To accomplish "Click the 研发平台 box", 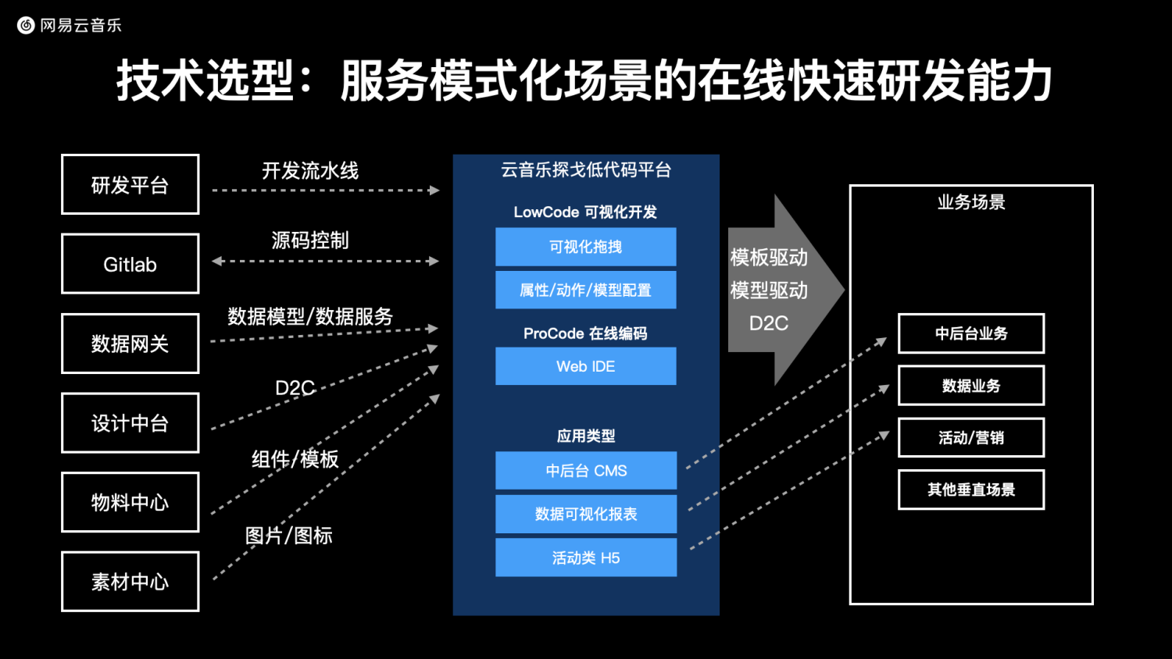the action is click(130, 184).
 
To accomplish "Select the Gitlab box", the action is click(130, 264).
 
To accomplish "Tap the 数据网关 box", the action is click(130, 343).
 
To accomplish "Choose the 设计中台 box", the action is click(130, 422).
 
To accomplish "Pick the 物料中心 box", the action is click(130, 502).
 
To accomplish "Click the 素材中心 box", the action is click(130, 582).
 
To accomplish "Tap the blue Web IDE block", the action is click(586, 366).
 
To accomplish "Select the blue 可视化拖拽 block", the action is click(586, 246).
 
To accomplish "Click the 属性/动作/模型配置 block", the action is click(586, 290).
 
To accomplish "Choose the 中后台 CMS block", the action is click(586, 470).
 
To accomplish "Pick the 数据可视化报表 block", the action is click(586, 514).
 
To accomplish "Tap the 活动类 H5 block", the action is click(586, 557).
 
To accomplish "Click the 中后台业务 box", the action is click(971, 333).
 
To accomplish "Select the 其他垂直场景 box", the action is click(971, 489).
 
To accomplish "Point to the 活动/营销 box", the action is click(971, 437).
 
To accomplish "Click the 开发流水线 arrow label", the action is click(310, 171).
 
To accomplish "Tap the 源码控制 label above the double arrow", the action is click(310, 240).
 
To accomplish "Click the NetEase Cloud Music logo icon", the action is click(26, 25).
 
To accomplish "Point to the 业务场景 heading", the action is click(971, 202).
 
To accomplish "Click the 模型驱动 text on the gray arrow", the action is click(769, 290).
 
